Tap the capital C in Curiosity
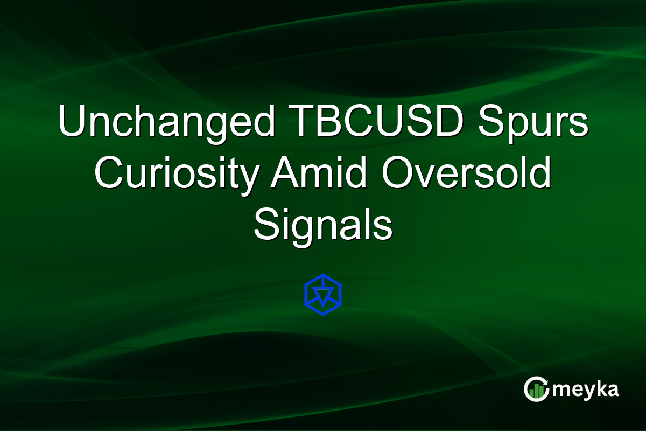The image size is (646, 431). tap(107, 174)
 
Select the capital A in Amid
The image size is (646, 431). tap(282, 174)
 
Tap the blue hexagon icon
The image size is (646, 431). tap(323, 295)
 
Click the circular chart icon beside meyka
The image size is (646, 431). tap(536, 390)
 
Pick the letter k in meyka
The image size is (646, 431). tap(600, 388)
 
